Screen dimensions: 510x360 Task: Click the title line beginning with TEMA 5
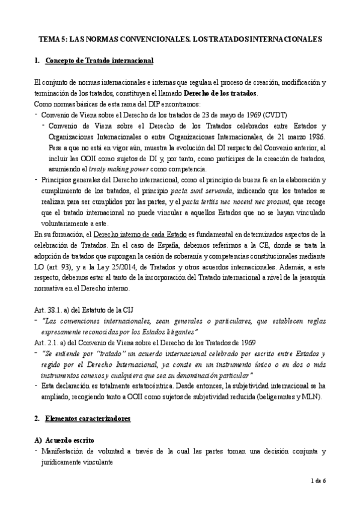[180, 37]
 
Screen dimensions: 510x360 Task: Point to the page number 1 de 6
[319, 481]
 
